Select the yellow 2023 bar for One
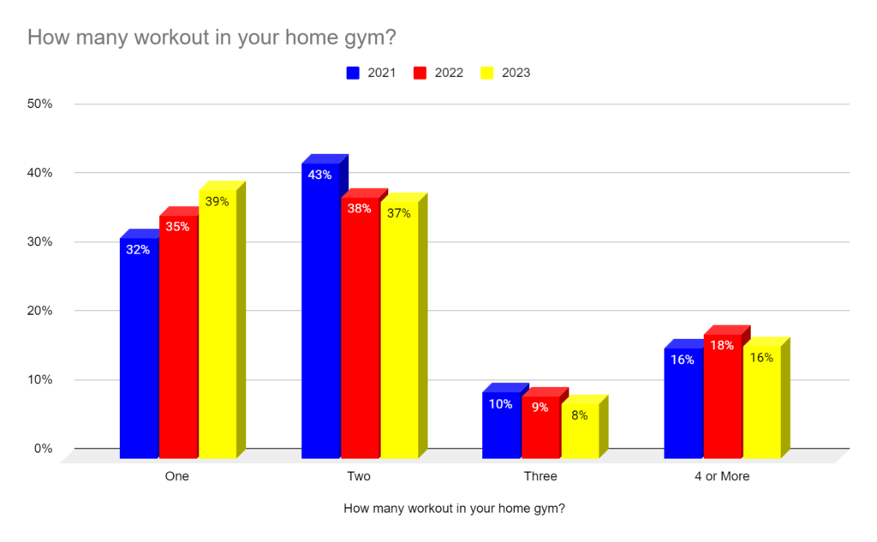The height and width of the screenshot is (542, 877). coord(218,325)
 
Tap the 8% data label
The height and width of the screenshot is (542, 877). coord(580,416)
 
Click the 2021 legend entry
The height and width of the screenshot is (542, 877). coord(371,73)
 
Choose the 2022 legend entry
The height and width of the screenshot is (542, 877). coord(438,73)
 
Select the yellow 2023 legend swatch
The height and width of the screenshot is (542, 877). coord(487,73)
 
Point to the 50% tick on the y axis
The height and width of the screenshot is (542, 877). coord(40,104)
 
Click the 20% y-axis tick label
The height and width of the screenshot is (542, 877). coord(40,311)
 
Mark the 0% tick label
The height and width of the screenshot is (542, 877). coord(43,449)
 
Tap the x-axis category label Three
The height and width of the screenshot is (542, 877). coord(540,476)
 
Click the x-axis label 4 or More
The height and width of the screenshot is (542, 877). coord(721,476)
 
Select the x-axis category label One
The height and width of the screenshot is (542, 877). coord(176,476)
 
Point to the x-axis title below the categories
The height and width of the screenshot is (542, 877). coord(454,508)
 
